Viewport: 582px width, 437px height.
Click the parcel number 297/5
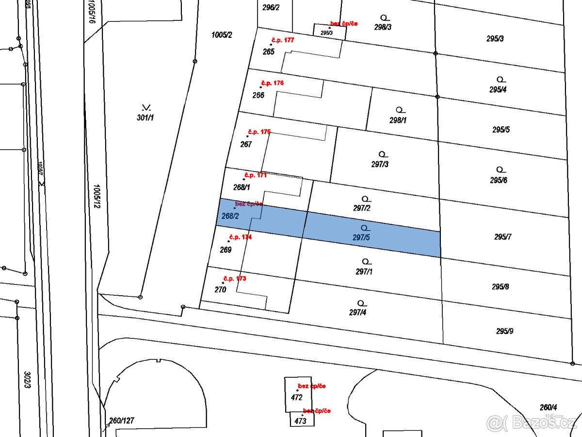click(361, 238)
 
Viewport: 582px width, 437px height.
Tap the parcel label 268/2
click(230, 216)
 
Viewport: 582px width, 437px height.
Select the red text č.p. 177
click(282, 40)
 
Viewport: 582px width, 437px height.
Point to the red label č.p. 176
click(272, 83)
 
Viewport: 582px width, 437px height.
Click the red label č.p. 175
click(259, 132)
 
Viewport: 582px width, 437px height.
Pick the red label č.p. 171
click(255, 175)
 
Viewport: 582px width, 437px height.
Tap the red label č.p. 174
click(240, 237)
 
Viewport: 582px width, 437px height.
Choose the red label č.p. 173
click(234, 279)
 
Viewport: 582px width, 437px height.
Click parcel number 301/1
click(145, 118)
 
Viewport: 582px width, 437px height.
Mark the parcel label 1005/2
click(222, 35)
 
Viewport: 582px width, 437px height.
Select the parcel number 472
click(297, 397)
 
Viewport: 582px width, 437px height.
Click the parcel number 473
click(300, 421)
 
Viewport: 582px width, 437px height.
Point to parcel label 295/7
click(503, 237)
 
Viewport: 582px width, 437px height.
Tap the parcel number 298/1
click(398, 120)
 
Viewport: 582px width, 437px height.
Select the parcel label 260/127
click(121, 420)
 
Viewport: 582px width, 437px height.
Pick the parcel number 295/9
click(504, 331)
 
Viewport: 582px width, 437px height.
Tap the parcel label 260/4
click(548, 407)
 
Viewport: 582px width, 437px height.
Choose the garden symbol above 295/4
click(500, 79)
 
